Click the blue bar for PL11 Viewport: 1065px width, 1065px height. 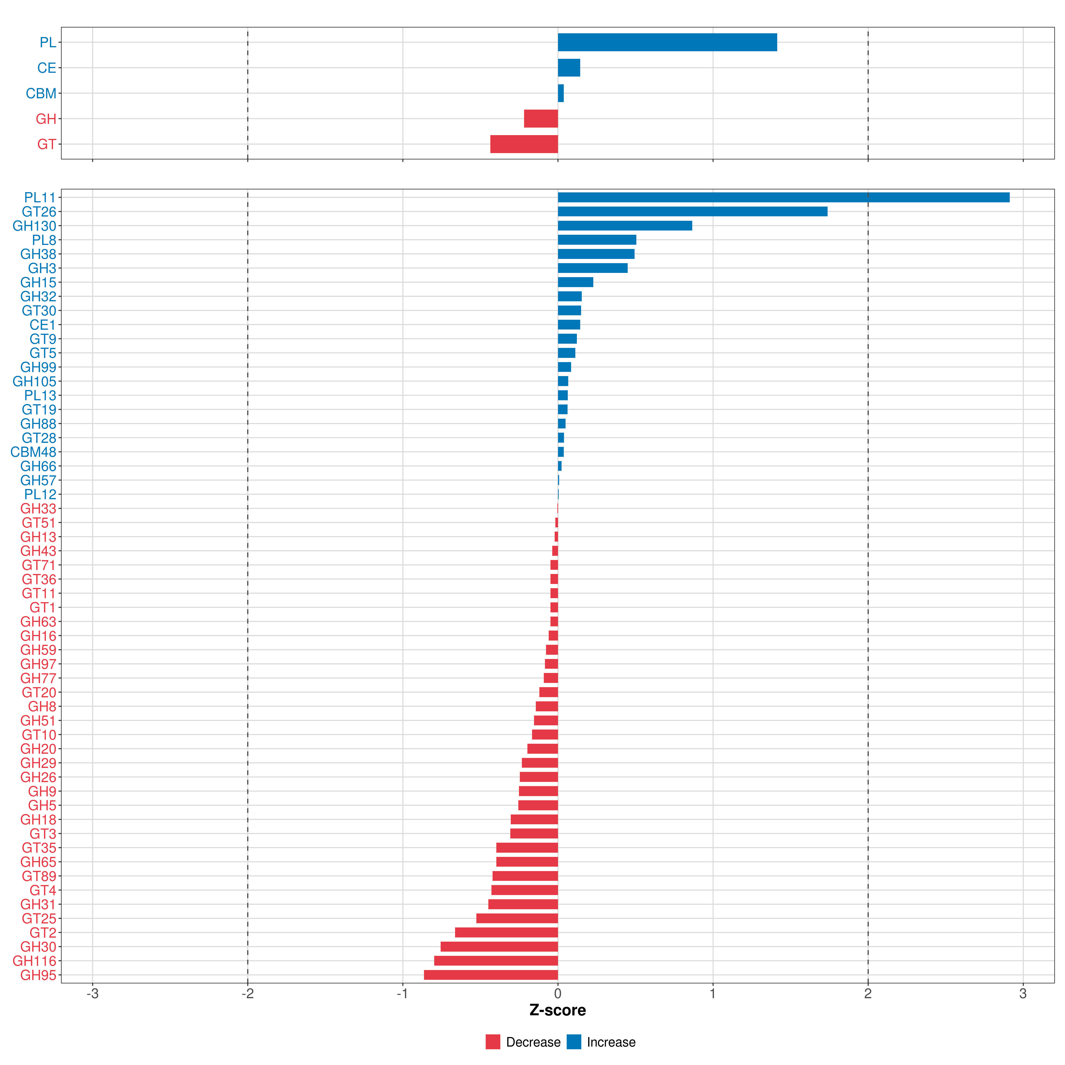point(783,197)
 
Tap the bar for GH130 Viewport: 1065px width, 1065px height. point(625,225)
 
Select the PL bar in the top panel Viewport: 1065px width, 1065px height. point(667,42)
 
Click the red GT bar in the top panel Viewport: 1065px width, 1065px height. point(524,144)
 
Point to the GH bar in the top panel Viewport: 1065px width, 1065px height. point(541,118)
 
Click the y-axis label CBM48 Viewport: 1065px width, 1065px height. point(33,452)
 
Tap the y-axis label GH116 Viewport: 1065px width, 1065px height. point(34,961)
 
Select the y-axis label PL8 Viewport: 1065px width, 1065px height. point(44,240)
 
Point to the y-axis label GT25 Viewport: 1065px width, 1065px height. point(39,918)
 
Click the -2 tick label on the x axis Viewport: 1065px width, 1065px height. point(248,994)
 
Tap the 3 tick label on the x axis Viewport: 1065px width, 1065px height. point(1023,994)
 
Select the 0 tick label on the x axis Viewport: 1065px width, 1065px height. point(558,994)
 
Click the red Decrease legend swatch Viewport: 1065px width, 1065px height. point(493,1042)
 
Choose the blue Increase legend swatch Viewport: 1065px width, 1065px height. point(574,1042)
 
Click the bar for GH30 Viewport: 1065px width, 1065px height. point(499,947)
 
